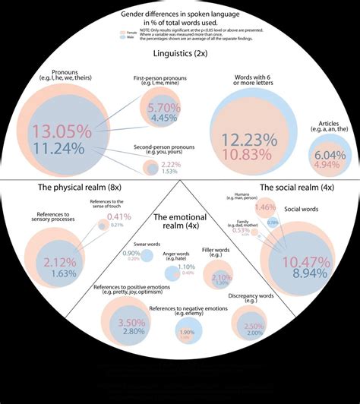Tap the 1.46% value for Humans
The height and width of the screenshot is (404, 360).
coord(266,207)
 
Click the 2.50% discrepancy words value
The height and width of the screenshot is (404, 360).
coord(254,326)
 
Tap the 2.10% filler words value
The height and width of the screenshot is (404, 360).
coord(221,277)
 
